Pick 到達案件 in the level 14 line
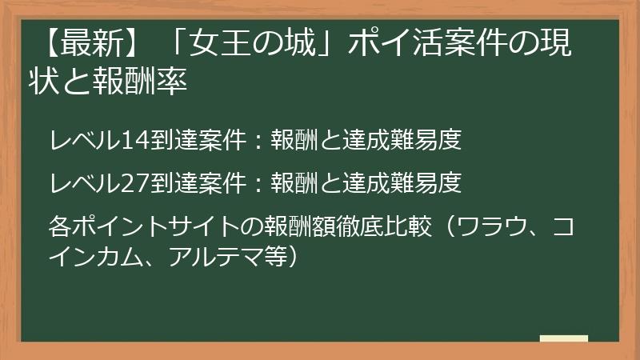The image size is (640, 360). (x=195, y=141)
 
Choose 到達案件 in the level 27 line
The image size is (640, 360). (x=195, y=184)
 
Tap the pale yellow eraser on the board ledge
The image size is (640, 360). (x=563, y=338)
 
